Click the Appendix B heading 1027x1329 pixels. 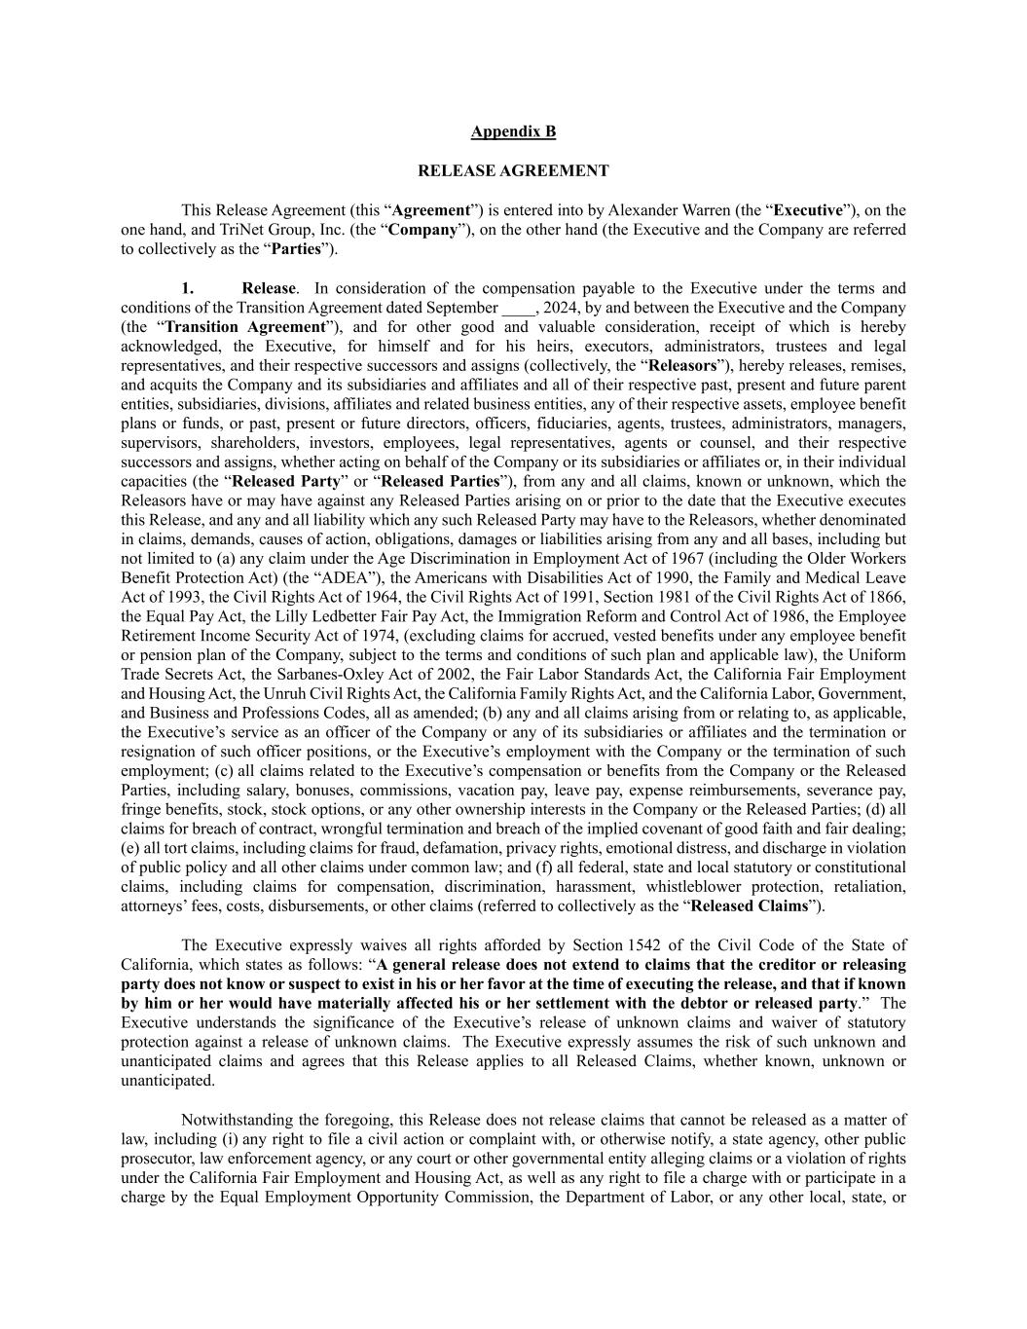point(513,131)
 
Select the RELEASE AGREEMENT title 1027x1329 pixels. point(513,170)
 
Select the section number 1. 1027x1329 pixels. point(188,288)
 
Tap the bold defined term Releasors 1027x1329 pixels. point(682,366)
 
